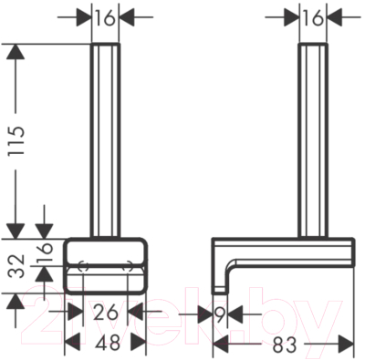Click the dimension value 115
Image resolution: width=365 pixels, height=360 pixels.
pyautogui.click(x=16, y=140)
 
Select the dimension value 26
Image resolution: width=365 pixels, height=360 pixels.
pyautogui.click(x=105, y=313)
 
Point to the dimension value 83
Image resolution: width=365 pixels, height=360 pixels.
pyautogui.click(x=284, y=345)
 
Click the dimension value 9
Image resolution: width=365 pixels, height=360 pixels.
pyautogui.click(x=221, y=314)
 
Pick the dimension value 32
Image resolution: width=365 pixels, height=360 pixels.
pyautogui.click(x=16, y=266)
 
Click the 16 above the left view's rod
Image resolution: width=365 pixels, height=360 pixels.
pyautogui.click(x=105, y=18)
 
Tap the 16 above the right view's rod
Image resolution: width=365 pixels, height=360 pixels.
pyautogui.click(x=313, y=18)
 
